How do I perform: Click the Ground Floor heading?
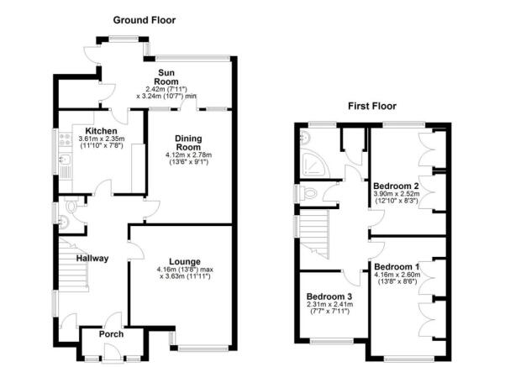click(145, 20)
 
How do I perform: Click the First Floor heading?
click(372, 106)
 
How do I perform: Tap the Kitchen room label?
click(101, 131)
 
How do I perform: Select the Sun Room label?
click(166, 77)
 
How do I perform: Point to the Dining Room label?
click(188, 143)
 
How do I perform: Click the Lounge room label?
click(185, 262)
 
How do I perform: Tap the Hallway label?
click(92, 258)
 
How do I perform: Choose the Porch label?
click(111, 334)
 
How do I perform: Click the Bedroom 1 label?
click(397, 267)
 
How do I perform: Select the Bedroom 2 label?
click(396, 186)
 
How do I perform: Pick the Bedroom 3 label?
click(329, 296)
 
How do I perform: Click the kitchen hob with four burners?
click(65, 139)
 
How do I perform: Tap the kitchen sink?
click(66, 159)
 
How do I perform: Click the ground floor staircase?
click(73, 265)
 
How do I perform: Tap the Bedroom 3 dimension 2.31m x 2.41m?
click(329, 304)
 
